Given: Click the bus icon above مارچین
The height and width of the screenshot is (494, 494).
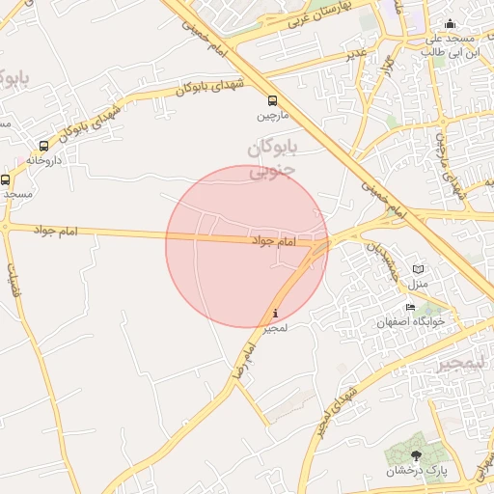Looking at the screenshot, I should [x=272, y=100].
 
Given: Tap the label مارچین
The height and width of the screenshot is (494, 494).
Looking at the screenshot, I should [x=272, y=116].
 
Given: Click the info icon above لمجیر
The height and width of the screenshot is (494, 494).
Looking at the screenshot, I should [x=277, y=313].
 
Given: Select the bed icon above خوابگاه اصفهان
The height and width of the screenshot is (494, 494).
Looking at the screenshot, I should [x=411, y=308].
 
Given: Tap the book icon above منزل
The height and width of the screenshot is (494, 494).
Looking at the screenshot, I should [x=418, y=269].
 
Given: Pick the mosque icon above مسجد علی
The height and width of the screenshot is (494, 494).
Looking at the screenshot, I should [x=449, y=24].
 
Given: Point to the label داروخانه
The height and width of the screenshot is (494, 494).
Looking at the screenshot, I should [x=44, y=160].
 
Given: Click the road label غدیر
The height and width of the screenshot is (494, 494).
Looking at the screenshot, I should [x=357, y=55].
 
